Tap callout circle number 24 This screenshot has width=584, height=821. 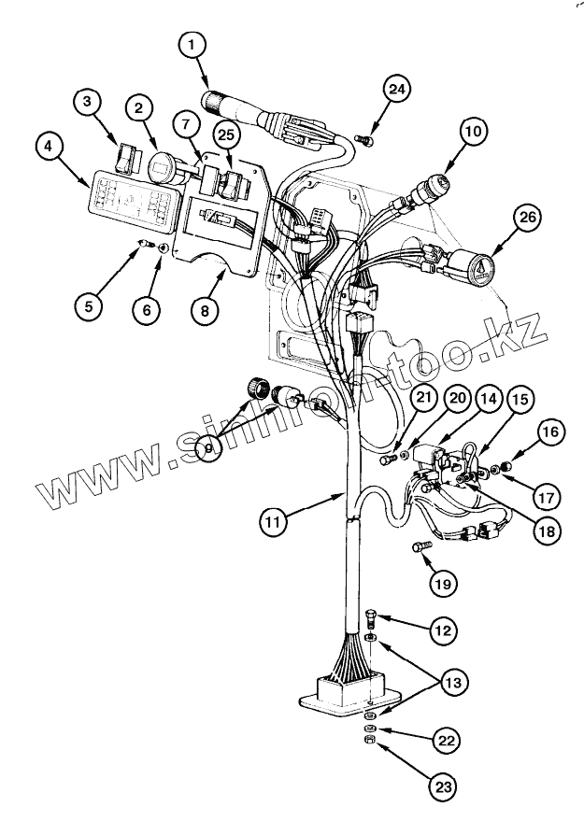tap(396, 89)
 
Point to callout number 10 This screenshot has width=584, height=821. tap(474, 132)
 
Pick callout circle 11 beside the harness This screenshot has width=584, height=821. tap(271, 522)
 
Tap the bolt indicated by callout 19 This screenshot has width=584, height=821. tap(418, 546)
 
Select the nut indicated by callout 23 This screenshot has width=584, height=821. tap(370, 740)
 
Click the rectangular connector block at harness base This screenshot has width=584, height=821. tap(345, 692)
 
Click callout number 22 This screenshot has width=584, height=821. tap(447, 743)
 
